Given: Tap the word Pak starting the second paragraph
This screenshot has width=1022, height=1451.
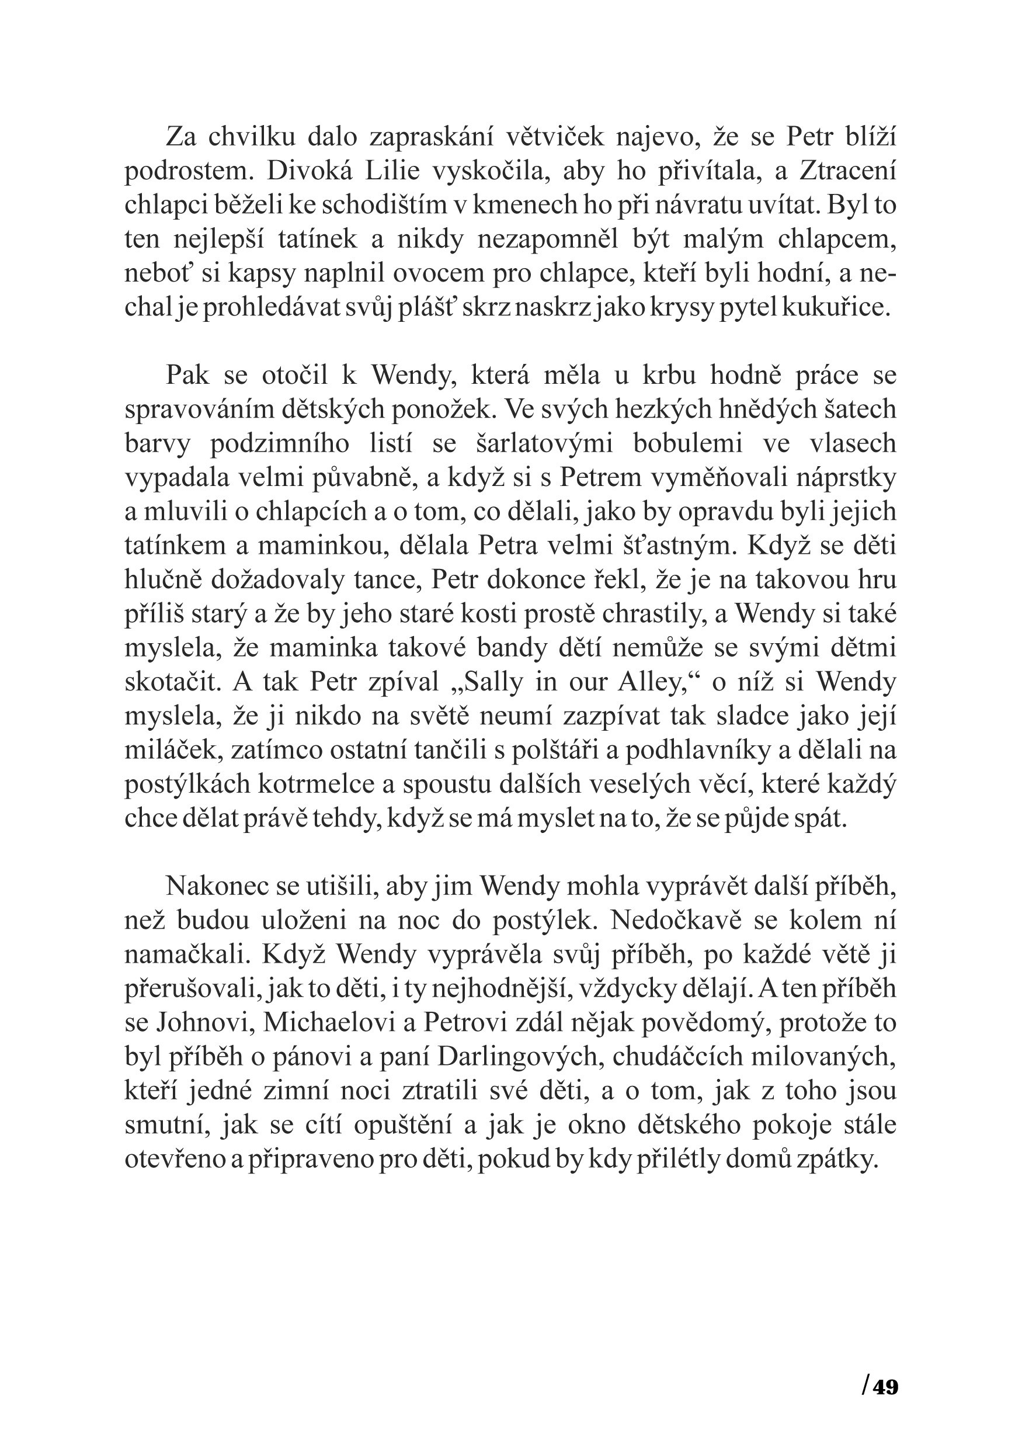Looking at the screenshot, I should [187, 376].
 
